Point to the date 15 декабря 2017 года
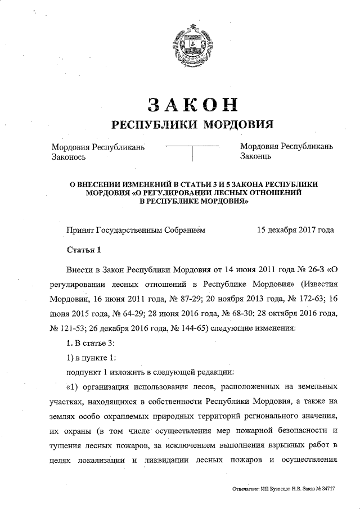click(295, 230)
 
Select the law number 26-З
click(317, 269)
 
